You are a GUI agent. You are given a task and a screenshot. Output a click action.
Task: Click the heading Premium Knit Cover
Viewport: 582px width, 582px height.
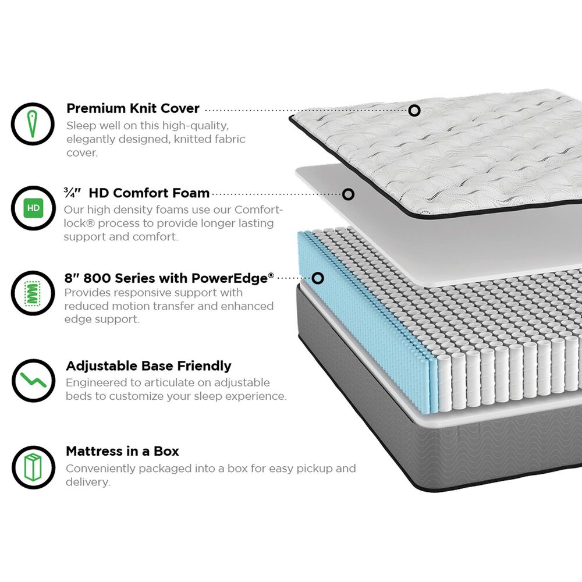tap(133, 108)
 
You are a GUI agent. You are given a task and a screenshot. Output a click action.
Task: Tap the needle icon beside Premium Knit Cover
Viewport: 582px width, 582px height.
tap(33, 124)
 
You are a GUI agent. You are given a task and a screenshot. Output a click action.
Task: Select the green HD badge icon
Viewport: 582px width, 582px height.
tap(33, 208)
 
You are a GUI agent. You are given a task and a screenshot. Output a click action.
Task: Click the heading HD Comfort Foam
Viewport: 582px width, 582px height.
tap(149, 193)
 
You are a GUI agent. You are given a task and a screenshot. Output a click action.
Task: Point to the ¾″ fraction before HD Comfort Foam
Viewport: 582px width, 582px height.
tap(72, 193)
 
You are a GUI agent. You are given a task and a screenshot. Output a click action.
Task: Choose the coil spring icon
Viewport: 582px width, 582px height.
tap(33, 293)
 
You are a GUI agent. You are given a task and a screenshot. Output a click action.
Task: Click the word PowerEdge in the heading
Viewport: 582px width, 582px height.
tap(232, 278)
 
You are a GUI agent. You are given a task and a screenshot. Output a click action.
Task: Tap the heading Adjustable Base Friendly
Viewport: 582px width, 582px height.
tap(148, 366)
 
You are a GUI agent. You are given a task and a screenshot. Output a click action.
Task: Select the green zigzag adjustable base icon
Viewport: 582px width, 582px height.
tap(33, 380)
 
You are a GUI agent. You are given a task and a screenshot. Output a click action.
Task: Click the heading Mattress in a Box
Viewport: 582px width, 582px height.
tap(122, 452)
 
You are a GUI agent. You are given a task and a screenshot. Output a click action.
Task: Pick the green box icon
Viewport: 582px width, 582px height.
tap(33, 467)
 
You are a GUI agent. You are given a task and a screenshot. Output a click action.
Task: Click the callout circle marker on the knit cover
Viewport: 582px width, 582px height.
tap(414, 110)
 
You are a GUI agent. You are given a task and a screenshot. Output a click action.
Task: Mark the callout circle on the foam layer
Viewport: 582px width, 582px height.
tap(348, 194)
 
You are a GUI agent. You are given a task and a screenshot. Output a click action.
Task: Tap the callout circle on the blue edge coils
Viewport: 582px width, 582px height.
tap(318, 278)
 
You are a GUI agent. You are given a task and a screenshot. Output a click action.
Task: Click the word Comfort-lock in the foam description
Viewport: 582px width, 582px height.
tap(173, 217)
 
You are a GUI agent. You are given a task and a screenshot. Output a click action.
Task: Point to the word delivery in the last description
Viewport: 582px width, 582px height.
tap(87, 482)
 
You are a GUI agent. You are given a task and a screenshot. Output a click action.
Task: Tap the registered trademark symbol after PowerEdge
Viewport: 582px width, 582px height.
tap(271, 275)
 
